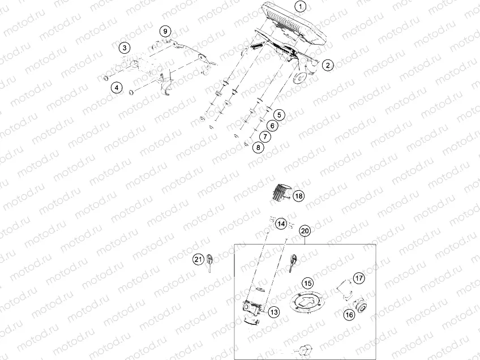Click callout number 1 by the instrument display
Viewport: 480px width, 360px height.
pos(300,7)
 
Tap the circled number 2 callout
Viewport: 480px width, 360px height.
pos(327,65)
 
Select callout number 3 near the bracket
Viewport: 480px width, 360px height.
pos(125,48)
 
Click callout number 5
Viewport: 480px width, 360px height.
pos(280,115)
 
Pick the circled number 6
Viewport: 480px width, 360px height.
pos(272,126)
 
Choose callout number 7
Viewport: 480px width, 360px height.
pos(265,136)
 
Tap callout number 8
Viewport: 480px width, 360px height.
pos(258,148)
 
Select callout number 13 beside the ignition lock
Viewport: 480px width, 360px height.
pos(273,312)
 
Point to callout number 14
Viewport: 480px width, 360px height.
pos(281,224)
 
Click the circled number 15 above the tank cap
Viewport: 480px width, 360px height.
pos(307,282)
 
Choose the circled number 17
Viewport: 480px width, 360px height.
pos(359,278)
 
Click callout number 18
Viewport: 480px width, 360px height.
pos(298,196)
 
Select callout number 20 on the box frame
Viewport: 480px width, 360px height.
pos(305,231)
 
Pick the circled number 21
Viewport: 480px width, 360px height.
pos(198,259)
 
